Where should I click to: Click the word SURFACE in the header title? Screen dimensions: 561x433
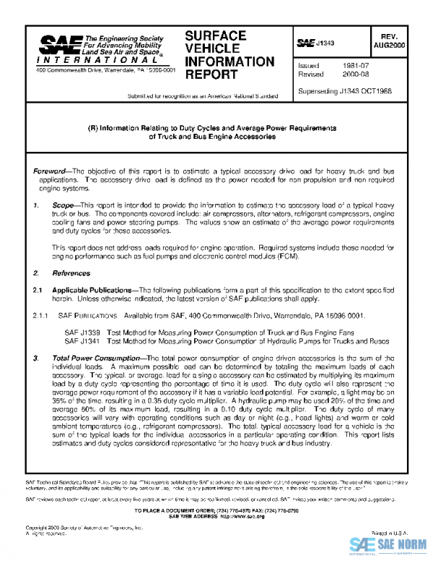point(216,35)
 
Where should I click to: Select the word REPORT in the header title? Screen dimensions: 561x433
point(210,74)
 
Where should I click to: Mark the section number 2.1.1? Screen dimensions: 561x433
point(43,315)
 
